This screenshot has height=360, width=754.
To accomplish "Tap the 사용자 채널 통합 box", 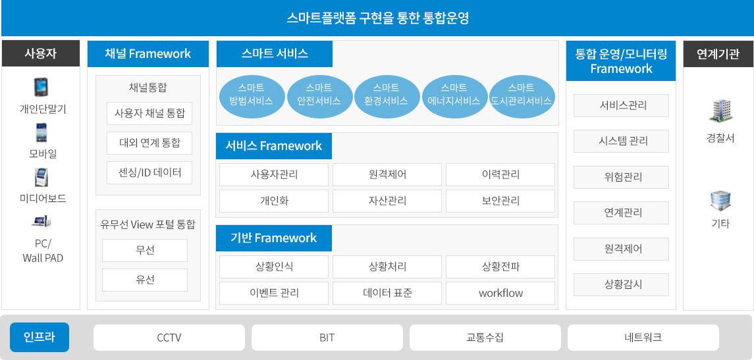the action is [x=149, y=114].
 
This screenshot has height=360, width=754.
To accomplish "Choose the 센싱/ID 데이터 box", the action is [x=149, y=172].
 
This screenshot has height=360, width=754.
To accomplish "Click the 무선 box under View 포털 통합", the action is [x=145, y=250].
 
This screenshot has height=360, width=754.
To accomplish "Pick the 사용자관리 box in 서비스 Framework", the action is [x=274, y=174].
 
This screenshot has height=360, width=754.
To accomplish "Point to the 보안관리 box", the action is [x=500, y=201].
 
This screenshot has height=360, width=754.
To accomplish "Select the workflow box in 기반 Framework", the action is [x=500, y=293].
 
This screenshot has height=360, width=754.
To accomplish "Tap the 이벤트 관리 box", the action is [x=274, y=293].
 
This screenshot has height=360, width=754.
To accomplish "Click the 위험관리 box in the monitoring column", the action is [x=621, y=177].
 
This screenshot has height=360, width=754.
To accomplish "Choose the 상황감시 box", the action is [x=621, y=284].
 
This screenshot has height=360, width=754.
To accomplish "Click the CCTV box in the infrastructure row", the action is [x=169, y=338].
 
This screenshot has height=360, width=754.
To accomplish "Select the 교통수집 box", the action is [x=485, y=338].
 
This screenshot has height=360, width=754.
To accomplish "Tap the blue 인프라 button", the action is [x=40, y=338].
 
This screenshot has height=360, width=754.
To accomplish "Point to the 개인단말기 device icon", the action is [x=40, y=88].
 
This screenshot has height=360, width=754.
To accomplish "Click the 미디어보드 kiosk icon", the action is [x=40, y=177].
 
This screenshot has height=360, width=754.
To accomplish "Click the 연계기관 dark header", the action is [x=718, y=53].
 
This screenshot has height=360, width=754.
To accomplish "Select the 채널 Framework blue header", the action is [x=148, y=54].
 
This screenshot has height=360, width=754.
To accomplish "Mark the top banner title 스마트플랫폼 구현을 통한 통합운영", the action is [x=377, y=18].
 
